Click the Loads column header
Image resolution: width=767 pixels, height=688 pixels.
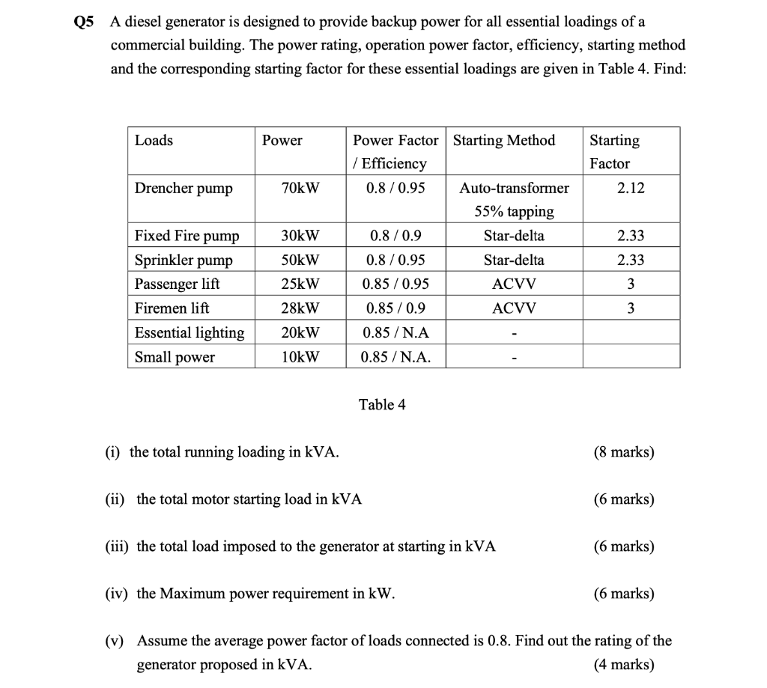click(154, 141)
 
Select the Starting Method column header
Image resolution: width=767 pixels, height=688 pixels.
click(504, 141)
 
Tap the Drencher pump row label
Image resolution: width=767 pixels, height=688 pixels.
click(184, 188)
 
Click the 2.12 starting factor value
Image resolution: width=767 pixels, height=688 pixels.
click(631, 188)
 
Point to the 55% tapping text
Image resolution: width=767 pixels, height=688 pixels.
click(514, 212)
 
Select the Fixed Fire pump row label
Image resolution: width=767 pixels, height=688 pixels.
click(187, 236)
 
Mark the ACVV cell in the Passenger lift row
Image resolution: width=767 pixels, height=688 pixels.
click(514, 284)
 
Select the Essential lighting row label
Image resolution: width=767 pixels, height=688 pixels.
click(190, 332)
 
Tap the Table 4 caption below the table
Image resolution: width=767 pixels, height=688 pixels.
click(382, 405)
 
